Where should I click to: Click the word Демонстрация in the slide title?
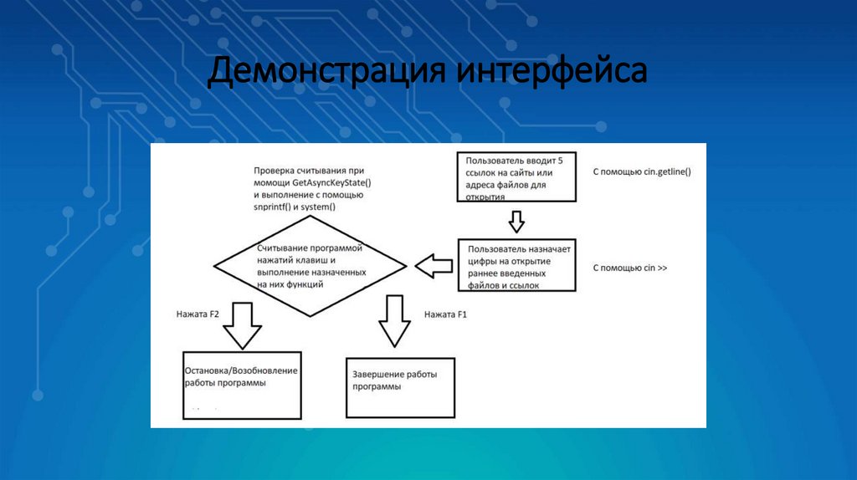327,71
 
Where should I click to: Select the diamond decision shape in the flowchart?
310,267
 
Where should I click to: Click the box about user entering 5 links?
516,176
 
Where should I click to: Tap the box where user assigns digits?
516,266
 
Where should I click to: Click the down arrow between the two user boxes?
516,222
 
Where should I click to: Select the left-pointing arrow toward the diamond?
433,267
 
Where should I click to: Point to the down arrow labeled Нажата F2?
242,324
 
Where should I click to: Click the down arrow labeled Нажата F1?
393,321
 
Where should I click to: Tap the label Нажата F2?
198,315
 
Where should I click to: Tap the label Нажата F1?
445,315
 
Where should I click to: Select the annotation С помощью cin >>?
630,268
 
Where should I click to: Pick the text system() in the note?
320,207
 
